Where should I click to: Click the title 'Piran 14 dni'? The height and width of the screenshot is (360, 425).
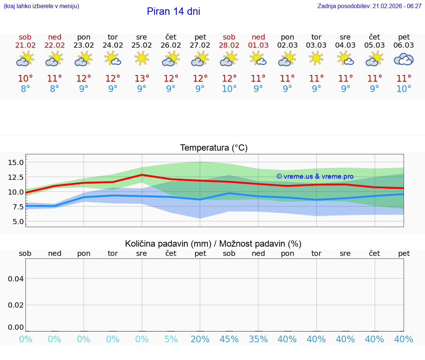point(173,11)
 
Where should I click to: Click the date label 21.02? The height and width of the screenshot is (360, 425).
point(25,45)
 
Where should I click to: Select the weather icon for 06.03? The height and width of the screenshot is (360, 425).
point(404,59)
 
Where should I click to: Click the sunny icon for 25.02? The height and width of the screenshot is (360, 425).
point(142,58)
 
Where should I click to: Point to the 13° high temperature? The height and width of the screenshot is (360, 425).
point(142,79)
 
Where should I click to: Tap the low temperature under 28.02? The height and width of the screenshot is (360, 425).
point(229,89)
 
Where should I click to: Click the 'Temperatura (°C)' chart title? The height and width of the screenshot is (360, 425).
point(214,148)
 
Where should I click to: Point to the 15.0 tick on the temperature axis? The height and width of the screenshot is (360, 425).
point(16,162)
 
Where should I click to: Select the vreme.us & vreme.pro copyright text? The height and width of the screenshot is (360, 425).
point(315,176)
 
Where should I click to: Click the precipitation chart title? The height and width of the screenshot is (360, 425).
point(213,244)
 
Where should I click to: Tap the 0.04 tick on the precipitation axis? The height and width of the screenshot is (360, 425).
point(16,279)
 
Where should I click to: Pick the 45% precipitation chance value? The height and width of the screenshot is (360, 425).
point(229,339)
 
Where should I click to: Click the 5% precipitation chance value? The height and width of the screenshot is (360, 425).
point(171,339)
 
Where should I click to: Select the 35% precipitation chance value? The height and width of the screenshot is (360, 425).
point(258,339)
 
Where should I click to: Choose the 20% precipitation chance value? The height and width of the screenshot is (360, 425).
point(200,339)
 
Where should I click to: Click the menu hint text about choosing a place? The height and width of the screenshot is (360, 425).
point(41,6)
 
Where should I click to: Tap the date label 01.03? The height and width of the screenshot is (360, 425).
point(258,45)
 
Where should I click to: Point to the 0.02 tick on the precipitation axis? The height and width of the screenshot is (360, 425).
point(16,305)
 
